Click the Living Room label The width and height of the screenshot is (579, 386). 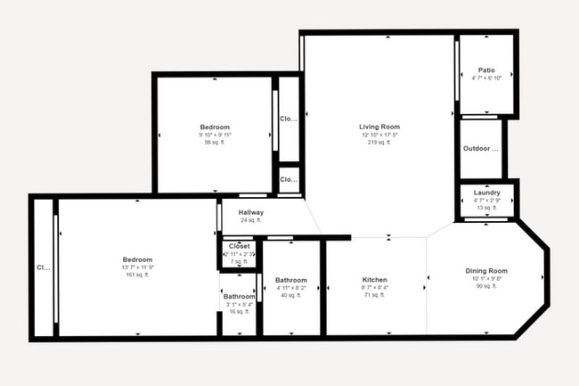pos(379,127)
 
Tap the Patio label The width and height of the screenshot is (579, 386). pos(486,70)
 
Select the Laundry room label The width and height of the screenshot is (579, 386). pos(486,193)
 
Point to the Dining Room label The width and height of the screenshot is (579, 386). pos(486,270)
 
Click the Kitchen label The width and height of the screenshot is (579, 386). pos(374,279)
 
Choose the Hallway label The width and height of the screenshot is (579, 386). pos(250,212)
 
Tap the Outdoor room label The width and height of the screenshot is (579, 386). pos(481,148)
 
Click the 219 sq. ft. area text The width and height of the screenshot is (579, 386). pos(379,142)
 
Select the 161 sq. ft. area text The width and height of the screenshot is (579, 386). pos(137,275)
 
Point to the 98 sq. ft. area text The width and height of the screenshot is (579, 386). pos(215,142)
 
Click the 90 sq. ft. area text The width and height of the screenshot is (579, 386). pos(486,286)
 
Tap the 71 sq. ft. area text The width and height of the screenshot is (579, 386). pos(374,294)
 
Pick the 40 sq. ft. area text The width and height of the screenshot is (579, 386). pos(291,295)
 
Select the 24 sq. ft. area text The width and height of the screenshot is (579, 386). pos(250,220)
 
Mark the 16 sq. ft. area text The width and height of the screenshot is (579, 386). pos(239,312)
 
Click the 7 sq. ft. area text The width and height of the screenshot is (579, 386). pos(239,261)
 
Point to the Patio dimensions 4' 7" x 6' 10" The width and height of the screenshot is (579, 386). pos(486,78)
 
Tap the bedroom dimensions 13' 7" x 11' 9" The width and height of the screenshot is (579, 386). pos(137,267)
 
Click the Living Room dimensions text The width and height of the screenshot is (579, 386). pos(379,135)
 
